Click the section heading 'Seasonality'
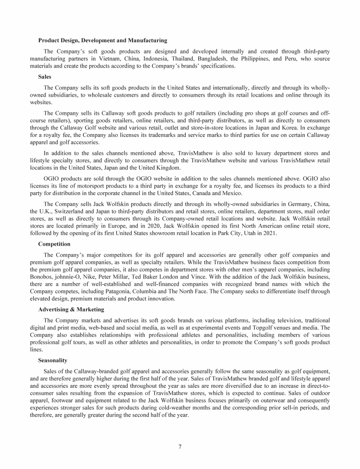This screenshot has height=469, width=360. [53, 360]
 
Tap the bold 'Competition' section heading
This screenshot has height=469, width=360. [54, 244]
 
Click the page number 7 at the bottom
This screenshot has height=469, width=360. [180, 446]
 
